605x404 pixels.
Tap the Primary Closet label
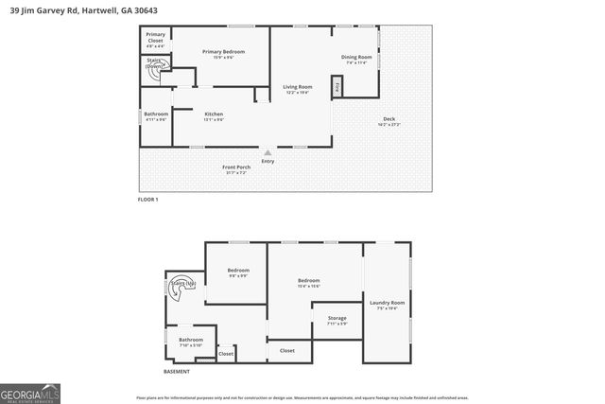point(155,39)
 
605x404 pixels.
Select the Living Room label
point(299,89)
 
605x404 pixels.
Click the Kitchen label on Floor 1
point(214,116)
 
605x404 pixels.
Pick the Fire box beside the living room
point(337,86)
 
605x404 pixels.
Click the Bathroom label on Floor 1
point(155,116)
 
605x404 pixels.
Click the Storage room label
point(337,320)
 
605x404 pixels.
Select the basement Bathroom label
point(191,342)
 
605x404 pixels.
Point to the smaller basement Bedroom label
point(238,272)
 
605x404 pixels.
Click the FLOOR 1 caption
point(147,200)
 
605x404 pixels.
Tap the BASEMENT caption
point(177,372)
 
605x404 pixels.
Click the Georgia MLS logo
point(30,393)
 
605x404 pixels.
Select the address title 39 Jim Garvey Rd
point(71,10)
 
